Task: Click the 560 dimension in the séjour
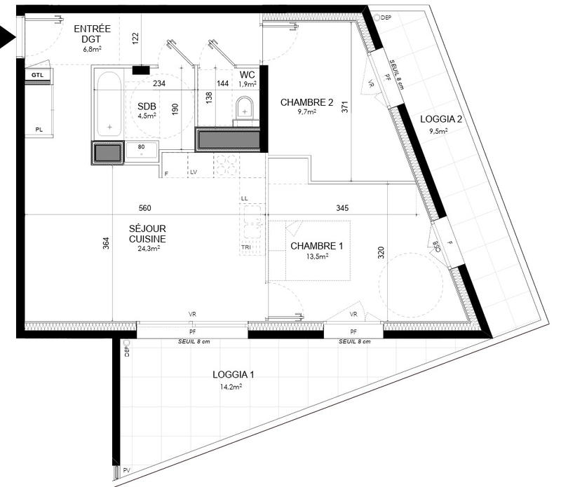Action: tap(145, 208)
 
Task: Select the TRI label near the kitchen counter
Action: tap(245, 248)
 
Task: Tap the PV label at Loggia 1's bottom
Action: tap(127, 470)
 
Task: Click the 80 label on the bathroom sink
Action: tap(140, 146)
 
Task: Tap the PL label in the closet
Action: tap(39, 129)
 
